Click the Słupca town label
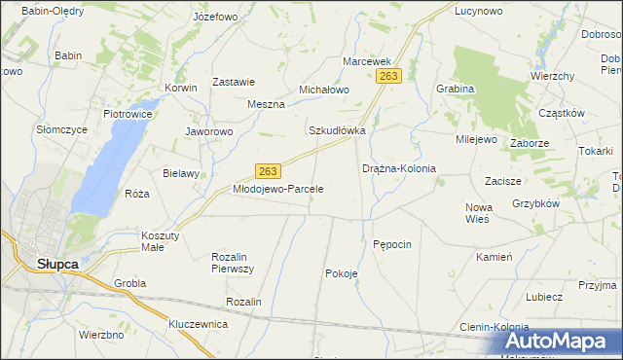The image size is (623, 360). point(57,264)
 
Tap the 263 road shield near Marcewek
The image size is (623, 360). point(389,76)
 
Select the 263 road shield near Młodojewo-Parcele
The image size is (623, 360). point(270,170)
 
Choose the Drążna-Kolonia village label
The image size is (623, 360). point(399,168)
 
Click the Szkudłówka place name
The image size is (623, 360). point(337,130)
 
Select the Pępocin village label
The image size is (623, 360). point(393,243)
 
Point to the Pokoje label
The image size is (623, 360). point(341,273)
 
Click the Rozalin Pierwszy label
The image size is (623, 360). point(233,262)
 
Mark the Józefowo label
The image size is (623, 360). point(215,18)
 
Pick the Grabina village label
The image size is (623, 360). point(455,89)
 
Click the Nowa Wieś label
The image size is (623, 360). point(477,212)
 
